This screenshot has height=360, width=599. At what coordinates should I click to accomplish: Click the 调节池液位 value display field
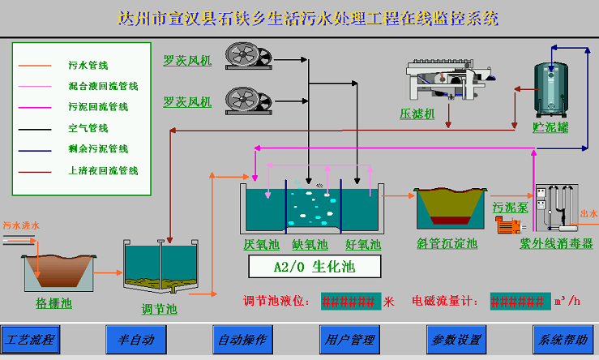coord(350,302)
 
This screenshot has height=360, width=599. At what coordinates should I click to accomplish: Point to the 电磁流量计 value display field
coord(519,302)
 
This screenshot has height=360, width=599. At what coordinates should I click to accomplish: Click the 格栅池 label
coord(54,303)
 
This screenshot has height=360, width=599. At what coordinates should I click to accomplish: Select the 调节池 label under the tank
coord(159,308)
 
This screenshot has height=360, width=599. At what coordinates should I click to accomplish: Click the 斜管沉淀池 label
coord(447,243)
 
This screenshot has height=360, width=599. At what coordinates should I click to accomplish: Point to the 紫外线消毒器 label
coord(556,243)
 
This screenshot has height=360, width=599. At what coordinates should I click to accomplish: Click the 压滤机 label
coord(417,114)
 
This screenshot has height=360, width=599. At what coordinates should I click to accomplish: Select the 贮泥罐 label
coord(551,127)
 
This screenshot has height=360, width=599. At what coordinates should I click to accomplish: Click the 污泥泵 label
coord(510,207)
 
